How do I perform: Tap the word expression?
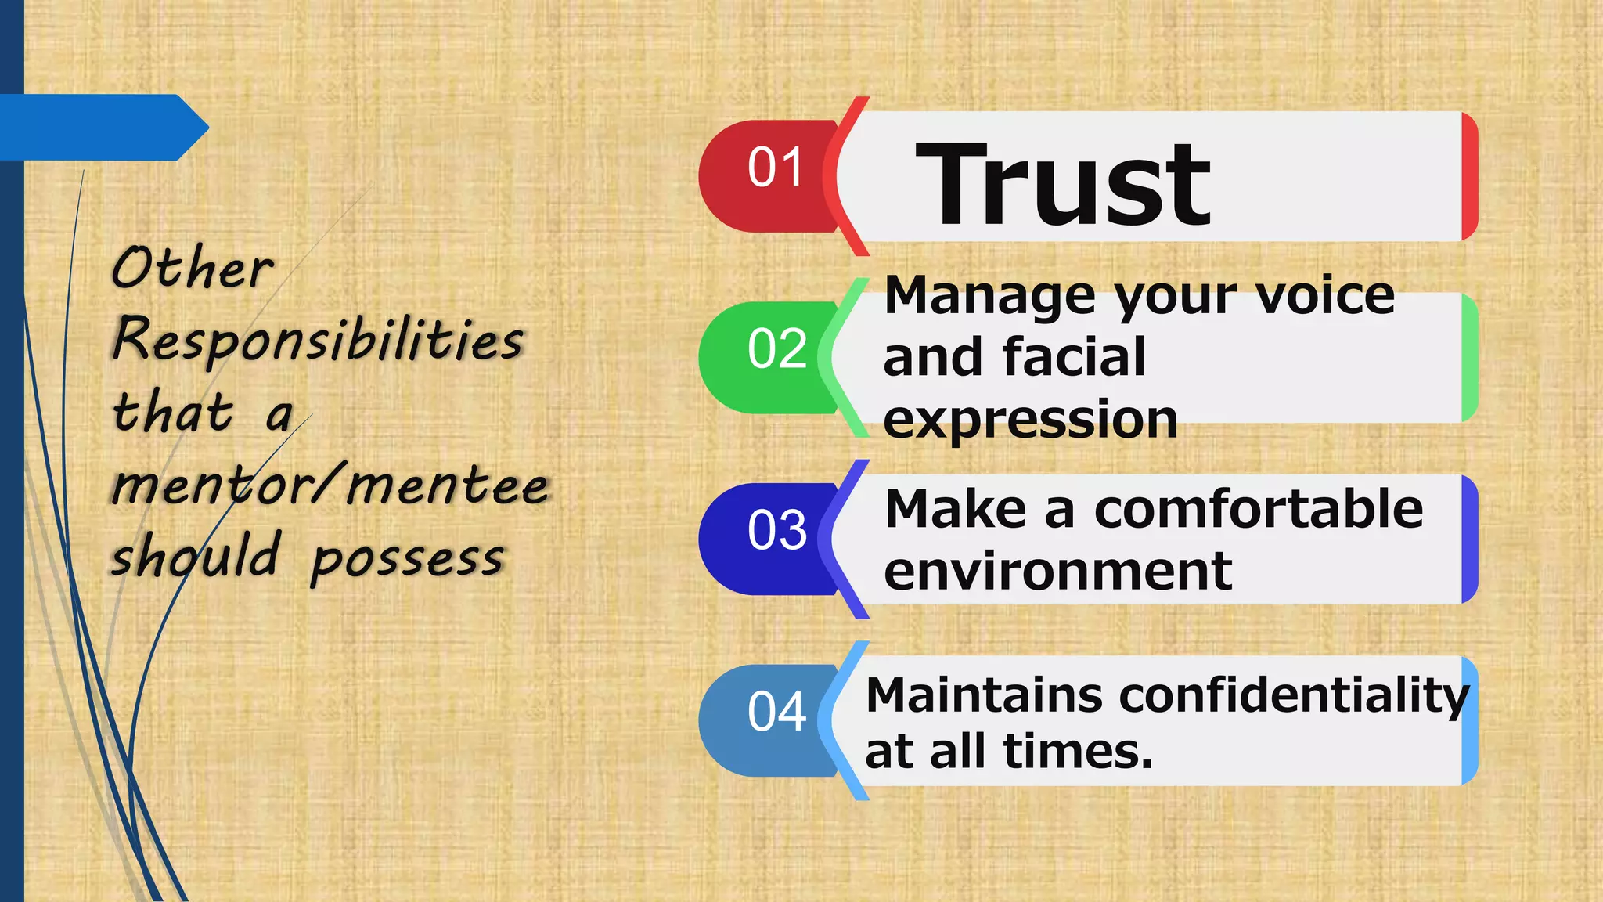pos(1030,420)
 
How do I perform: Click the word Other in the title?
pos(193,268)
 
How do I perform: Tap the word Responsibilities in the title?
pos(318,340)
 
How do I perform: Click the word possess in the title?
pos(407,559)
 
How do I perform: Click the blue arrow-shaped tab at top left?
pos(102,128)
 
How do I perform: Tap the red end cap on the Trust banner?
pos(1470,176)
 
